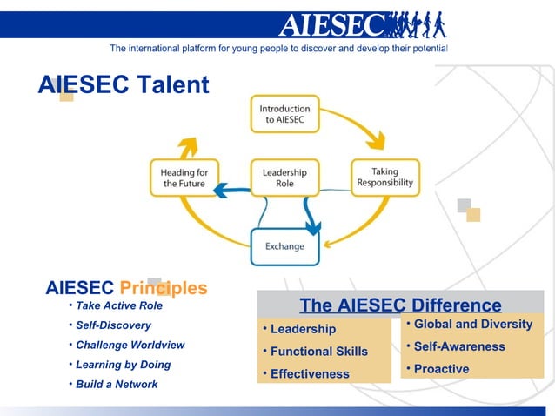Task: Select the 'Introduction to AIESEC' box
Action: click(284, 113)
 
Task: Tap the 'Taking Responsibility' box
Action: click(384, 178)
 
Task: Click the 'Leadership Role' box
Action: click(284, 178)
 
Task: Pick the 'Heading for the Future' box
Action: click(184, 178)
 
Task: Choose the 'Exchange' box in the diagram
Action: click(284, 246)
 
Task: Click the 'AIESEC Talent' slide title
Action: click(124, 85)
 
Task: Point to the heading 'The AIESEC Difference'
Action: click(400, 305)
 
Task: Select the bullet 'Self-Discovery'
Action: click(113, 325)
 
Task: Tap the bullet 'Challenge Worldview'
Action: click(130, 345)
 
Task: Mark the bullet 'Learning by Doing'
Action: click(123, 365)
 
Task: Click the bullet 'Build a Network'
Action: click(117, 384)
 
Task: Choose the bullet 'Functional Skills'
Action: click(318, 352)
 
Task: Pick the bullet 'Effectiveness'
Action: click(309, 374)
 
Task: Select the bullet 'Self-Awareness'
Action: click(458, 346)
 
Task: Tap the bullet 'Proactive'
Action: click(441, 369)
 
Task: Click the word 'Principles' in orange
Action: click(164, 288)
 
